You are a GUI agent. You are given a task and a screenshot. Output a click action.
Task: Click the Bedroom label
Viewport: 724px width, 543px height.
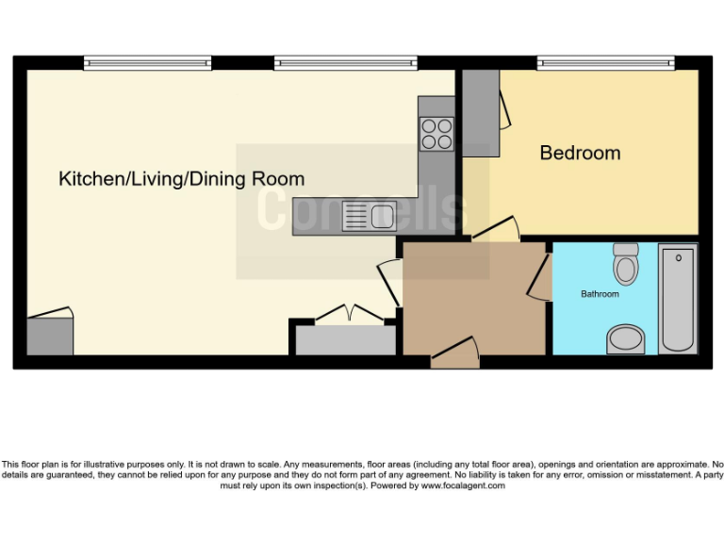tap(580, 153)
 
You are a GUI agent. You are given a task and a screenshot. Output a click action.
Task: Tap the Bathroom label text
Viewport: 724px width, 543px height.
tap(600, 294)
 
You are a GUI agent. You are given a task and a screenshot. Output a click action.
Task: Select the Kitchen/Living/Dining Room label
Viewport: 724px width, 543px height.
tap(182, 178)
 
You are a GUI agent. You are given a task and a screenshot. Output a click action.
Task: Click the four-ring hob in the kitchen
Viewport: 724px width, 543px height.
tap(436, 133)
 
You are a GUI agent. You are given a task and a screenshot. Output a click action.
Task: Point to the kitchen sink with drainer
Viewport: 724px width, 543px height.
tap(370, 217)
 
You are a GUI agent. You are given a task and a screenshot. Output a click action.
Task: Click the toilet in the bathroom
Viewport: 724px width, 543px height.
tap(625, 264)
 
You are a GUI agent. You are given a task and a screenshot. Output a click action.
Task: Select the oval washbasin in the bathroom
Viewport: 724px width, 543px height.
tap(624, 338)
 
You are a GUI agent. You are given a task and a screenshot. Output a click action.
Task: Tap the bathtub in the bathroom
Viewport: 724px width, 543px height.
tap(677, 298)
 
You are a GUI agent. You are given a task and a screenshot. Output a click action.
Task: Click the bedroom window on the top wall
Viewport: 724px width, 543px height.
tap(605, 63)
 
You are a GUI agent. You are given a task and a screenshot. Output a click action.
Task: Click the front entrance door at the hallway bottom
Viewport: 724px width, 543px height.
tap(455, 356)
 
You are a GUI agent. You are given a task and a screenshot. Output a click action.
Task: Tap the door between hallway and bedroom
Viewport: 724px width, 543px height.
tap(495, 231)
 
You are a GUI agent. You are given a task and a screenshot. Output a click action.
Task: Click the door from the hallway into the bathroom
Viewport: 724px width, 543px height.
tap(542, 277)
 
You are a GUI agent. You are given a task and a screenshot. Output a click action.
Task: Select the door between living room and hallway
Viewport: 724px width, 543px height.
tap(389, 281)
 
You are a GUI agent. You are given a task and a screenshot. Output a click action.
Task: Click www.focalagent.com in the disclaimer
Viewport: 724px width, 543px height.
tap(463, 486)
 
